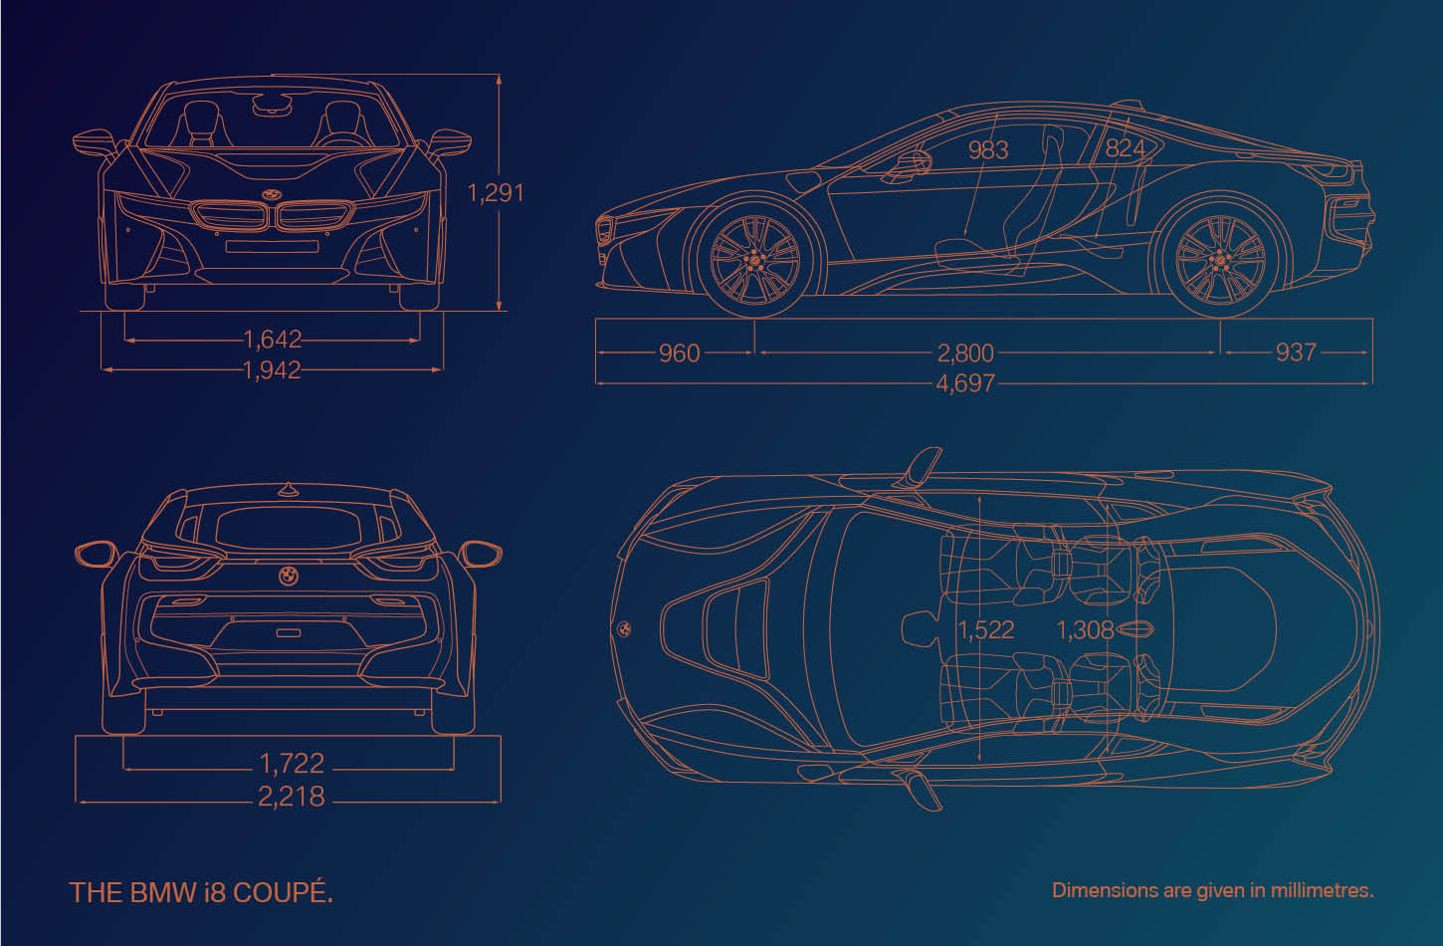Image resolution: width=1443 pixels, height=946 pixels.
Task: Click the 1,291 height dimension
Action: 495,192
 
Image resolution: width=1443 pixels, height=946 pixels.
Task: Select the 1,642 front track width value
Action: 273,339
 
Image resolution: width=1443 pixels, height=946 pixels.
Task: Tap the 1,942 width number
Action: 272,369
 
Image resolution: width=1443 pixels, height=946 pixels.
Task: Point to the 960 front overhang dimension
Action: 679,354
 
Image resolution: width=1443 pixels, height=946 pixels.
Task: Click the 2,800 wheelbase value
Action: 965,354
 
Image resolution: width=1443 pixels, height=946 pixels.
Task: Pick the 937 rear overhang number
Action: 1296,353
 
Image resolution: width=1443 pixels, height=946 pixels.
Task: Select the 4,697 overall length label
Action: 965,383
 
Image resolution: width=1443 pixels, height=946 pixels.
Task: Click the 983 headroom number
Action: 988,150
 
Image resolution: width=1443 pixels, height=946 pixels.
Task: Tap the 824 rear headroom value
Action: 1125,148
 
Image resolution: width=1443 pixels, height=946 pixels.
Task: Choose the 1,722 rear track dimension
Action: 292,764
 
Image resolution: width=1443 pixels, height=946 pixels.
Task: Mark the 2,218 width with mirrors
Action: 292,797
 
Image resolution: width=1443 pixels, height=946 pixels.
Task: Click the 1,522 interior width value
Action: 985,629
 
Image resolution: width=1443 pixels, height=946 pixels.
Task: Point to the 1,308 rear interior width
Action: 1085,629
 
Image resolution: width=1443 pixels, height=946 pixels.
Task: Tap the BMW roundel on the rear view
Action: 289,576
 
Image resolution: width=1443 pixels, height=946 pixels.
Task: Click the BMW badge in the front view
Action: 272,194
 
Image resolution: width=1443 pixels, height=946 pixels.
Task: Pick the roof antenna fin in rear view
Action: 288,490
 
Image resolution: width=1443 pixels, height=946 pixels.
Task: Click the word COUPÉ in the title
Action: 283,892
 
